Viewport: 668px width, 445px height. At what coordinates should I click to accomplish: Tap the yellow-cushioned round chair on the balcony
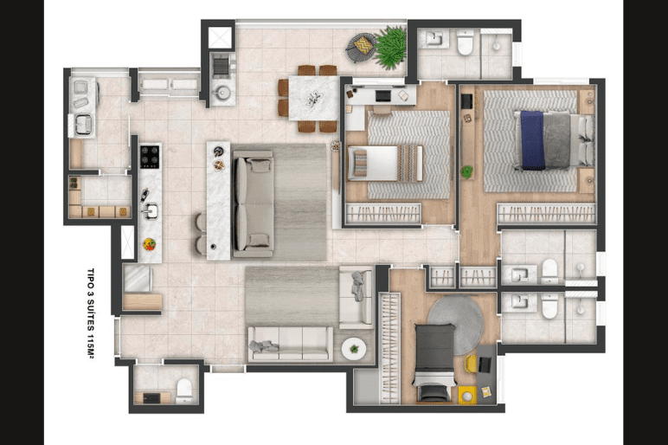[x=362, y=46]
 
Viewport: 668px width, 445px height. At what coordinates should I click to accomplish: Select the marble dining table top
[x=314, y=99]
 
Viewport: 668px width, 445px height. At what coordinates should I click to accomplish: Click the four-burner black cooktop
[x=150, y=157]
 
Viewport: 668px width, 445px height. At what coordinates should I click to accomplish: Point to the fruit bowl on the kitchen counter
[x=149, y=244]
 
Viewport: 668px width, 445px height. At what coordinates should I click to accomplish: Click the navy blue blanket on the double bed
[x=532, y=140]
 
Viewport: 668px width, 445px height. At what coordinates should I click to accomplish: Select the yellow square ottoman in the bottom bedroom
[x=467, y=395]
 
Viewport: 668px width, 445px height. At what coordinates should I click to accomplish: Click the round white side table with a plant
[x=354, y=350]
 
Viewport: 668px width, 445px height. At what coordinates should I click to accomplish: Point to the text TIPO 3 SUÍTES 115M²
[x=90, y=313]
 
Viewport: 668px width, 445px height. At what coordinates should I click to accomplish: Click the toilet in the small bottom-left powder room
[x=184, y=390]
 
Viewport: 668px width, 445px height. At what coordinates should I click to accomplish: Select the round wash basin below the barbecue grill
[x=222, y=93]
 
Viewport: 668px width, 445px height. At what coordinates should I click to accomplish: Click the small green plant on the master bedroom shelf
[x=467, y=172]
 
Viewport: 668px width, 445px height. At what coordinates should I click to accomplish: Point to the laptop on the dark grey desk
[x=485, y=364]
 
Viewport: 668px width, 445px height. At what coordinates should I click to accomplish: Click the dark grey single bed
[x=434, y=362]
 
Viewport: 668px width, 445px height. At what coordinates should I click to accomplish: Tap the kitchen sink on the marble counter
[x=151, y=210]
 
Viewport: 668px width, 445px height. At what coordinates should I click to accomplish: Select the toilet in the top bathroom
[x=465, y=43]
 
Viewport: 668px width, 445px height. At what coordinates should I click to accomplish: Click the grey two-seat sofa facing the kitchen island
[x=253, y=203]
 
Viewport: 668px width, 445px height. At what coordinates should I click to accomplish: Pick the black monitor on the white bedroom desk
[x=382, y=96]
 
